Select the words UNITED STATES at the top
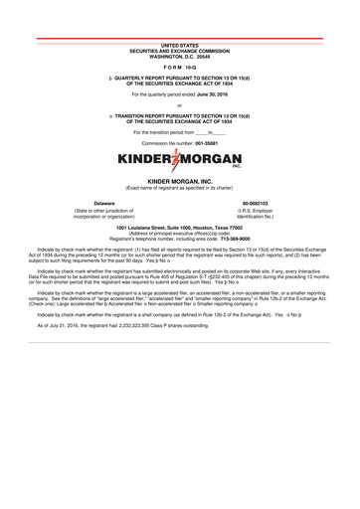[x=179, y=46]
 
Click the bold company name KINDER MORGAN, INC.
[x=179, y=180]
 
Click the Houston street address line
[x=179, y=228]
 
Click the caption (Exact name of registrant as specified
[x=179, y=187]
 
